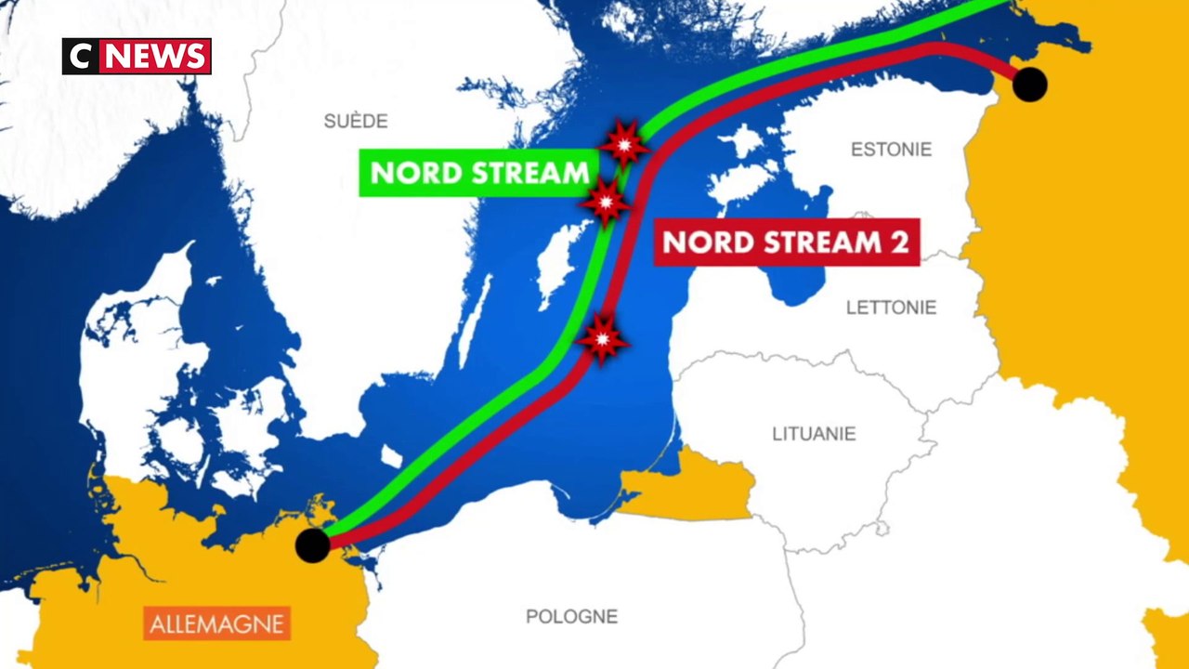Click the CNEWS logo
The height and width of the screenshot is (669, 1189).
[x=137, y=57]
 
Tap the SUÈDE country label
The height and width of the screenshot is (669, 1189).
[x=356, y=121]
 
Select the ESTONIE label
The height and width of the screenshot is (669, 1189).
[x=891, y=150]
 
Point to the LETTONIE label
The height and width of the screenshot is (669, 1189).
[x=891, y=308]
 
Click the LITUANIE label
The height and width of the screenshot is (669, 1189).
[x=814, y=433]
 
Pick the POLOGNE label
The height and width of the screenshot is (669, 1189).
[x=571, y=616]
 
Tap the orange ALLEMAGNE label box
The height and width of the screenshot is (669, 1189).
[x=217, y=623]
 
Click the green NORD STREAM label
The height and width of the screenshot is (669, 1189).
[x=479, y=173]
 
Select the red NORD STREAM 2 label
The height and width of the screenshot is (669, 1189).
[x=786, y=243]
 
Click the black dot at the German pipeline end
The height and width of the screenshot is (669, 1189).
[x=313, y=545]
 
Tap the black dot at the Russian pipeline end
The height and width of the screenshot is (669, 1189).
[x=1029, y=85]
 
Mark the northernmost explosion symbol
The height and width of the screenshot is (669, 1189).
[x=623, y=143]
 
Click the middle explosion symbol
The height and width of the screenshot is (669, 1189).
[x=606, y=200]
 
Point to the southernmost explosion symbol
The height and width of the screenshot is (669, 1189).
[x=602, y=339]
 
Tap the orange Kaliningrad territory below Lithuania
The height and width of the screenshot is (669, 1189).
[x=687, y=488]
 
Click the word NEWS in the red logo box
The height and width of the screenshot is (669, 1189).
[x=155, y=57]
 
